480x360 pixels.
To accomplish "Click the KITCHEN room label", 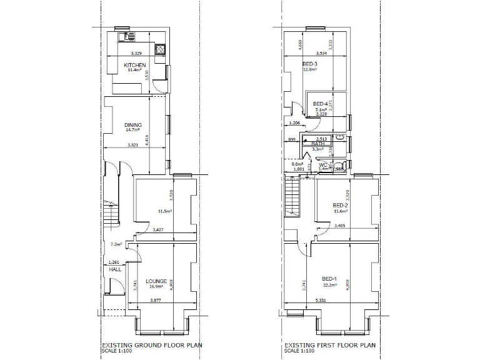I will [x=135, y=65].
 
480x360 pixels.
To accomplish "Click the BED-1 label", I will [x=329, y=279].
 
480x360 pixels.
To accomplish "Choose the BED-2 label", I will [x=340, y=206].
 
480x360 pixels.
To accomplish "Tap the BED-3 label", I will [x=310, y=64].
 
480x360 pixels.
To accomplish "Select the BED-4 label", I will [x=320, y=104].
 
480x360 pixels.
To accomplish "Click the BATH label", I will [x=318, y=143].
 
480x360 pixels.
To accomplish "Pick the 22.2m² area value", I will [x=329, y=285].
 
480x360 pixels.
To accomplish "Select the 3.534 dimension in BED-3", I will [x=322, y=53].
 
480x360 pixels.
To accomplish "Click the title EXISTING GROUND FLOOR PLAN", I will [x=151, y=344].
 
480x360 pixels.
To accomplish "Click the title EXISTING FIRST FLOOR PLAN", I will [x=330, y=344].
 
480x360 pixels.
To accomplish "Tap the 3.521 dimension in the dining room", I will [x=132, y=145].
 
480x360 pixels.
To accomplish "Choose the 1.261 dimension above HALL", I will [x=114, y=262].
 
